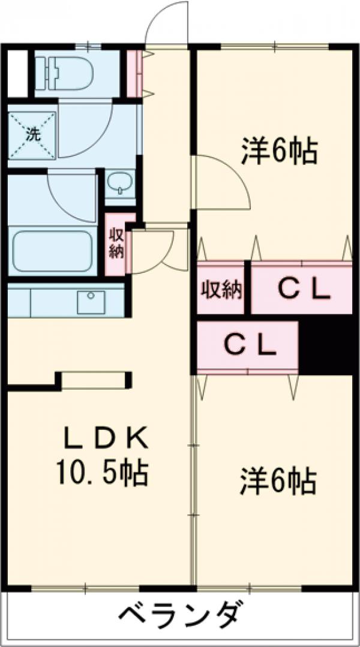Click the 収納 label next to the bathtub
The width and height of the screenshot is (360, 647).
116,243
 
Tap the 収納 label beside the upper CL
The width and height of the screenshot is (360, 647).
221,290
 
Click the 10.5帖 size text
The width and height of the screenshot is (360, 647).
102,473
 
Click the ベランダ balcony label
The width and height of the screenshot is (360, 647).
181,614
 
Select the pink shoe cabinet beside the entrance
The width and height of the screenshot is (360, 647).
135,73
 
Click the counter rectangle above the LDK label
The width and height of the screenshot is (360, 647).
94,380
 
